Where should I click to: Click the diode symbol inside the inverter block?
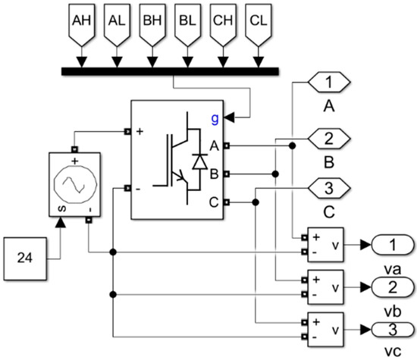pyautogui.click(x=200, y=160)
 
